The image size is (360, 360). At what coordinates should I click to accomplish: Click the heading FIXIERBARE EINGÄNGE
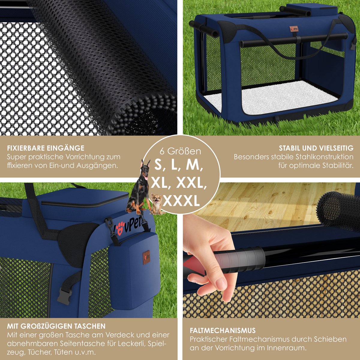point(46,148)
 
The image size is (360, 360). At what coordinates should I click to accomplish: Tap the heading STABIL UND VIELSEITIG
point(316,148)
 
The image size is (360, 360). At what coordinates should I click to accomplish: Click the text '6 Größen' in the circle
point(180,151)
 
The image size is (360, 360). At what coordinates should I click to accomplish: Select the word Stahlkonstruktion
point(325,157)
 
